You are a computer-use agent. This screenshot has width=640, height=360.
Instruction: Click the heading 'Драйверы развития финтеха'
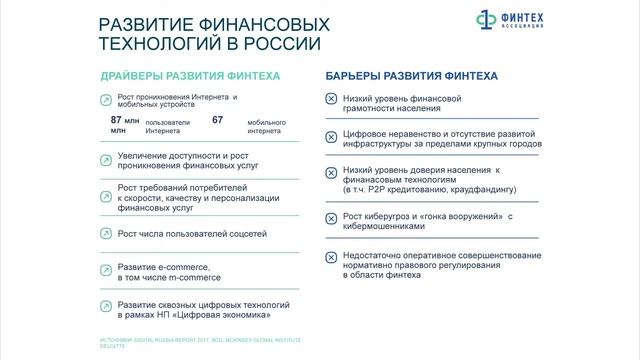189,76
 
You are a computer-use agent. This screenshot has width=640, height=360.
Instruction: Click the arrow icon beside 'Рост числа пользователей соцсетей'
106,234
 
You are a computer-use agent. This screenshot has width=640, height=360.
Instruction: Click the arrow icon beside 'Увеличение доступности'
106,158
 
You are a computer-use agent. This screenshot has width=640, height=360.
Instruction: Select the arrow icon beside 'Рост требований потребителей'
106,195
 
